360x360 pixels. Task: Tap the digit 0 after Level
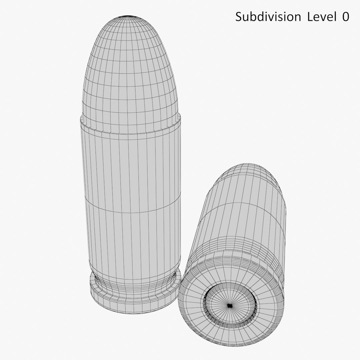tap(345, 17)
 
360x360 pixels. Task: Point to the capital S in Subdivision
tap(239, 17)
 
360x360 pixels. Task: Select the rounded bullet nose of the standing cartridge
tap(130, 67)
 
